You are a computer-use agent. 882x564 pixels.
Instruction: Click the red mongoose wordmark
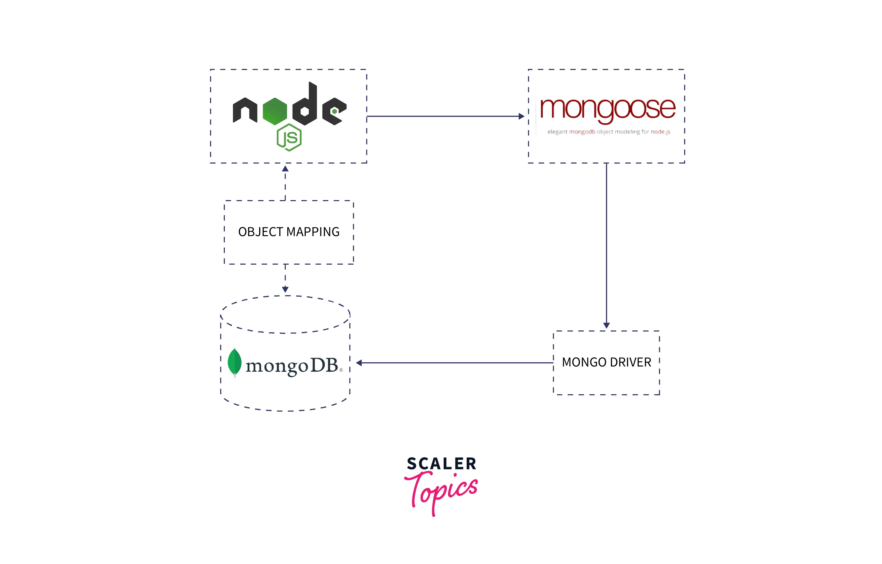tap(608, 110)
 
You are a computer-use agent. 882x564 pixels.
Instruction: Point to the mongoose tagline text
tap(609, 132)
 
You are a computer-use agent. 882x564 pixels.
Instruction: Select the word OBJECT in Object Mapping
tap(261, 232)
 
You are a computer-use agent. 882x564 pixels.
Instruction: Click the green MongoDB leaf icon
tap(234, 363)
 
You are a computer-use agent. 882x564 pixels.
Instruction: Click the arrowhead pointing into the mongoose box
tap(522, 116)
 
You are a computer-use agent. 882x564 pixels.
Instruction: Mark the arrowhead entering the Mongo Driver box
tap(606, 325)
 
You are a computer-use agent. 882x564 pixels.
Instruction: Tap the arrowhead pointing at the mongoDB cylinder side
tap(359, 363)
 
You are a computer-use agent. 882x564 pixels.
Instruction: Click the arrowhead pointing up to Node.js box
tap(285, 168)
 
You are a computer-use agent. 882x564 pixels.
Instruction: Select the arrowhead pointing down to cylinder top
tap(285, 289)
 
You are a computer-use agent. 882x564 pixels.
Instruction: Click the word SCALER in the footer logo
tap(442, 464)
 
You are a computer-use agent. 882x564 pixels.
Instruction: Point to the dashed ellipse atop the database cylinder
tap(285, 314)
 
